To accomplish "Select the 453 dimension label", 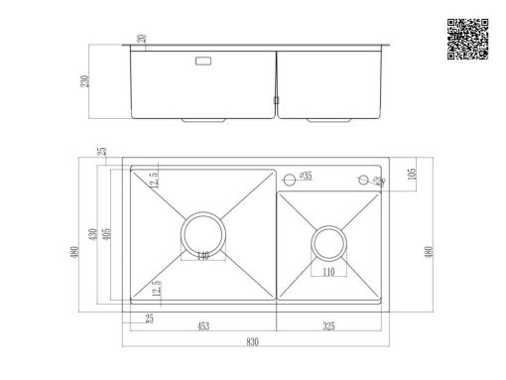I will (202, 324).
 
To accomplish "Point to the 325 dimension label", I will (327, 324).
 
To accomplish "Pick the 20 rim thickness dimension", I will (142, 40).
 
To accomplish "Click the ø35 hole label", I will (306, 177).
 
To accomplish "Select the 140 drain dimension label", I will (202, 256).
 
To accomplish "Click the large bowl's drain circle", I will (203, 234).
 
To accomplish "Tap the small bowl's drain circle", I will (328, 243).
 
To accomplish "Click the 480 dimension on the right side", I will (428, 250).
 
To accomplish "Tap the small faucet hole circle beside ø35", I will (290, 179).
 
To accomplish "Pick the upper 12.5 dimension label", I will (155, 181).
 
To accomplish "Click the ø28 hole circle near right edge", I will (363, 179).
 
